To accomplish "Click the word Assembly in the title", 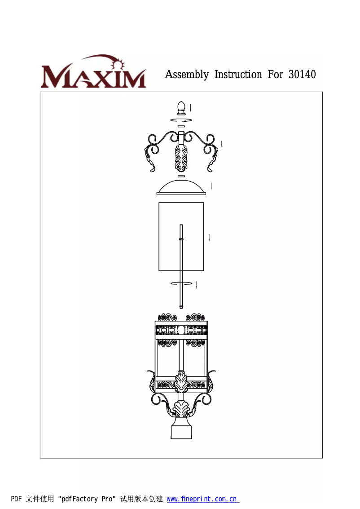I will (187, 75).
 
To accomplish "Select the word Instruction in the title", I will (238, 75).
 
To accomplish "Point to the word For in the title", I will (275, 75).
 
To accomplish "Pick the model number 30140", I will (302, 75).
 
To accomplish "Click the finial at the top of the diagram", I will (181, 108).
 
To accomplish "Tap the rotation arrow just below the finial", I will (181, 120).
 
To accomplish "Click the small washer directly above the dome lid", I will (181, 177).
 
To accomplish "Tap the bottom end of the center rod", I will (181, 306).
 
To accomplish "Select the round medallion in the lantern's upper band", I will (181, 330).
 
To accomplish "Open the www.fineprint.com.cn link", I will (203, 499).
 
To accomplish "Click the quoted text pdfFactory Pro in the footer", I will (87, 499).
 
